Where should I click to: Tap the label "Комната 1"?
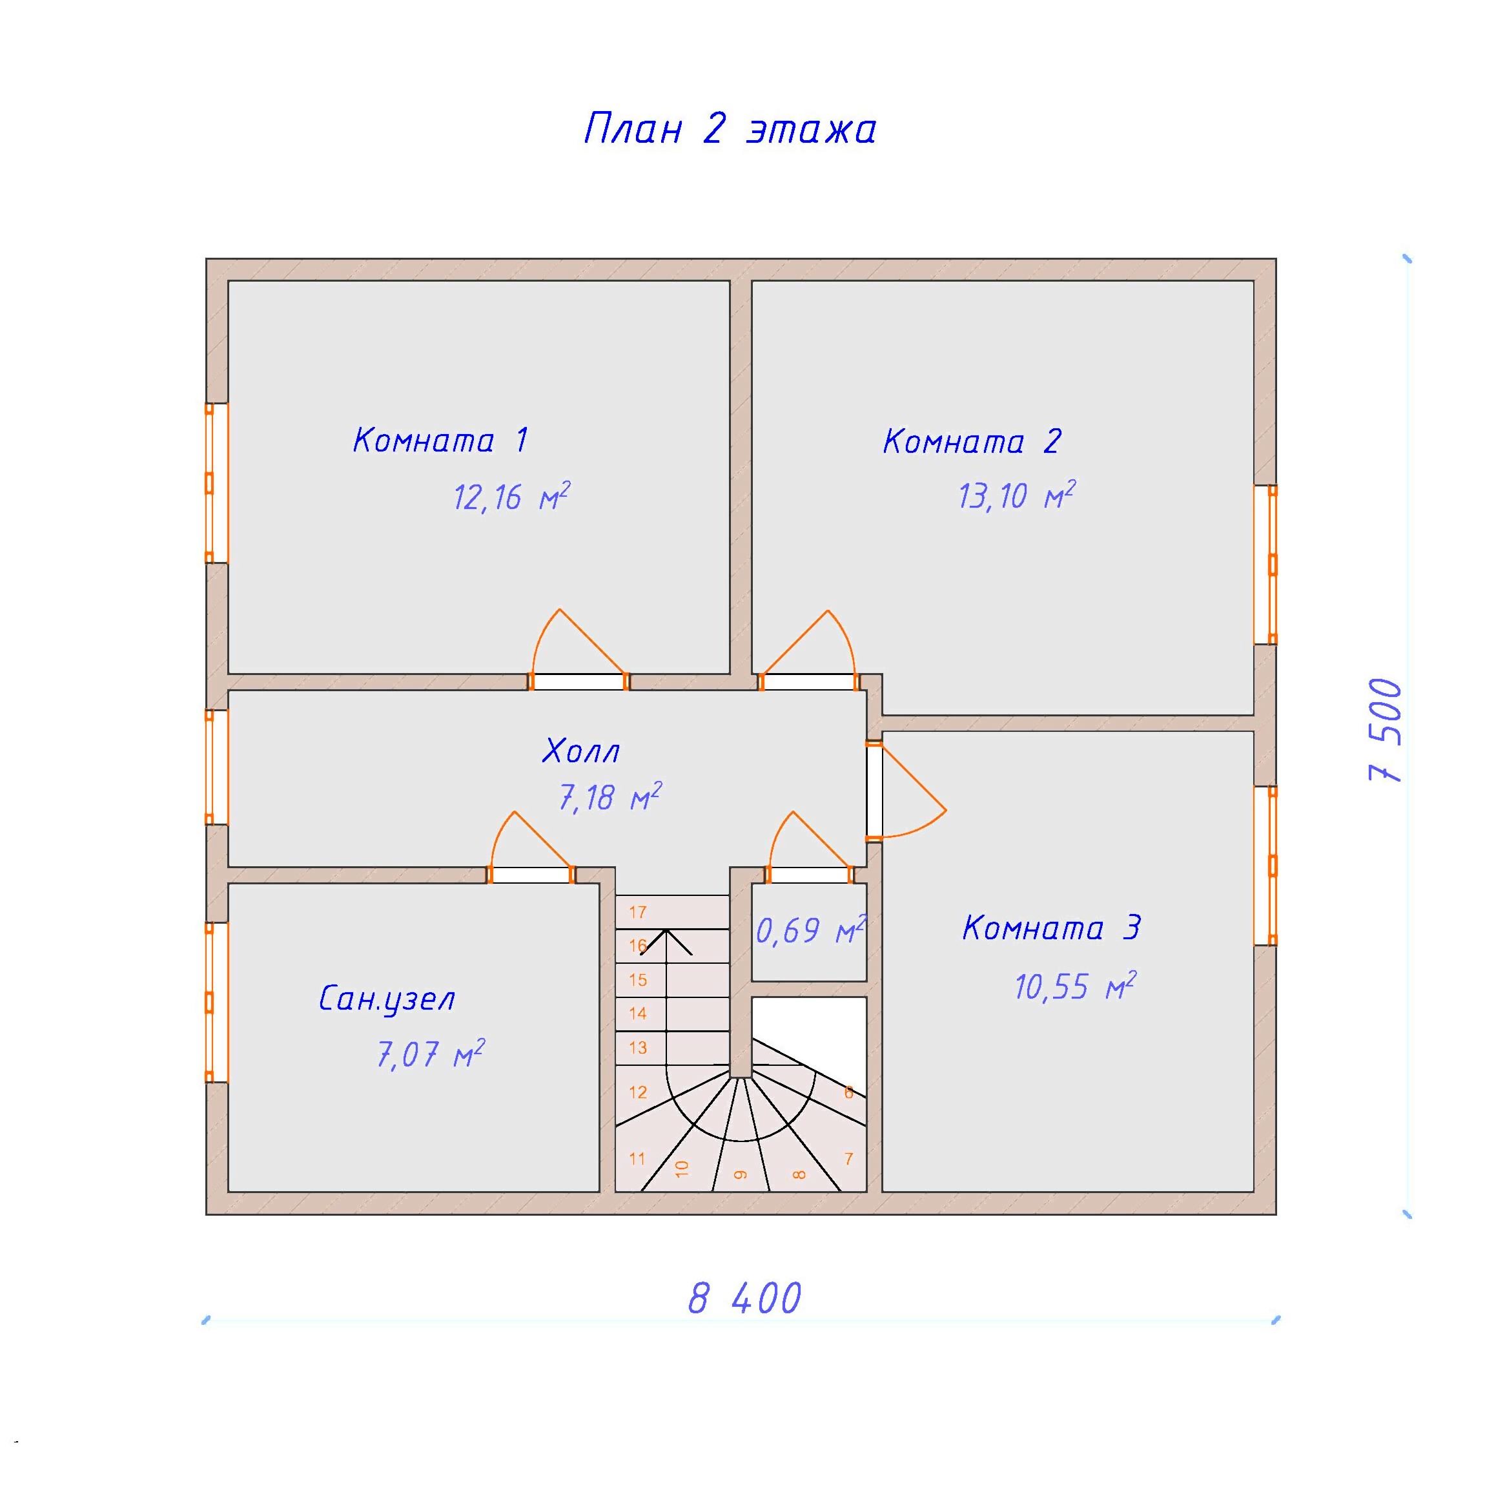pos(440,441)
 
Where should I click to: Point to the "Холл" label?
pos(581,751)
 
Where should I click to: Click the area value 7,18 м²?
pos(609,797)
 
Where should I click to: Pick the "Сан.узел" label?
pos(387,1000)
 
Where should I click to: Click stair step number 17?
pos(638,912)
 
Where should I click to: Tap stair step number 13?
pos(638,1048)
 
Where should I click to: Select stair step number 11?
pos(637,1158)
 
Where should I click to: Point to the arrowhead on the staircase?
pos(666,941)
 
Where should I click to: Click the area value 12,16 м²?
pos(511,498)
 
